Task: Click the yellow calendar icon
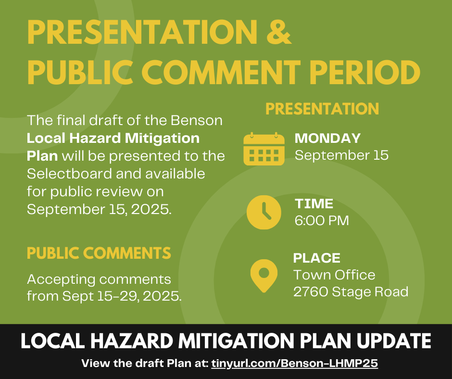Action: pyautogui.click(x=264, y=149)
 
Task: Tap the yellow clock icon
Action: pyautogui.click(x=264, y=212)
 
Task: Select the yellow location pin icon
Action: pyautogui.click(x=264, y=276)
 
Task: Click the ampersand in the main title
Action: pyautogui.click(x=278, y=32)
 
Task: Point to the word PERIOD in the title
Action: pyautogui.click(x=364, y=72)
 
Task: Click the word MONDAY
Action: pyautogui.click(x=327, y=138)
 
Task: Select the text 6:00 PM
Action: pyautogui.click(x=322, y=221)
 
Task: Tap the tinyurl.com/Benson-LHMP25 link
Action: pyautogui.click(x=294, y=363)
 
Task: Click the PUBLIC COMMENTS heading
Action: pyautogui.click(x=99, y=253)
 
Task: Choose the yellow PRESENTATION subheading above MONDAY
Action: pyautogui.click(x=322, y=109)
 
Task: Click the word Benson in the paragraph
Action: pyautogui.click(x=197, y=120)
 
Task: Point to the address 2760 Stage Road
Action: pyautogui.click(x=351, y=291)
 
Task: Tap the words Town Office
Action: pyautogui.click(x=334, y=275)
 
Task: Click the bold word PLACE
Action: pyautogui.click(x=317, y=258)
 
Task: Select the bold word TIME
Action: pyautogui.click(x=314, y=203)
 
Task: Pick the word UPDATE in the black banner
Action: pyautogui.click(x=394, y=341)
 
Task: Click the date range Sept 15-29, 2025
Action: pyautogui.click(x=122, y=296)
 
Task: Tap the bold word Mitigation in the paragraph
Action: pyautogui.click(x=162, y=138)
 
